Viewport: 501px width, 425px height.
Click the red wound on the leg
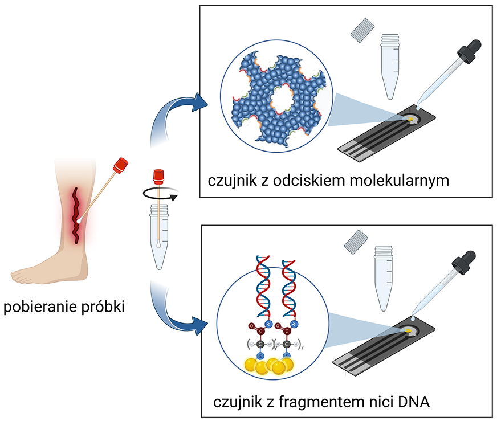pos(76,211)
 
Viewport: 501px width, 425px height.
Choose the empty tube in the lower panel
pos(384,273)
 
